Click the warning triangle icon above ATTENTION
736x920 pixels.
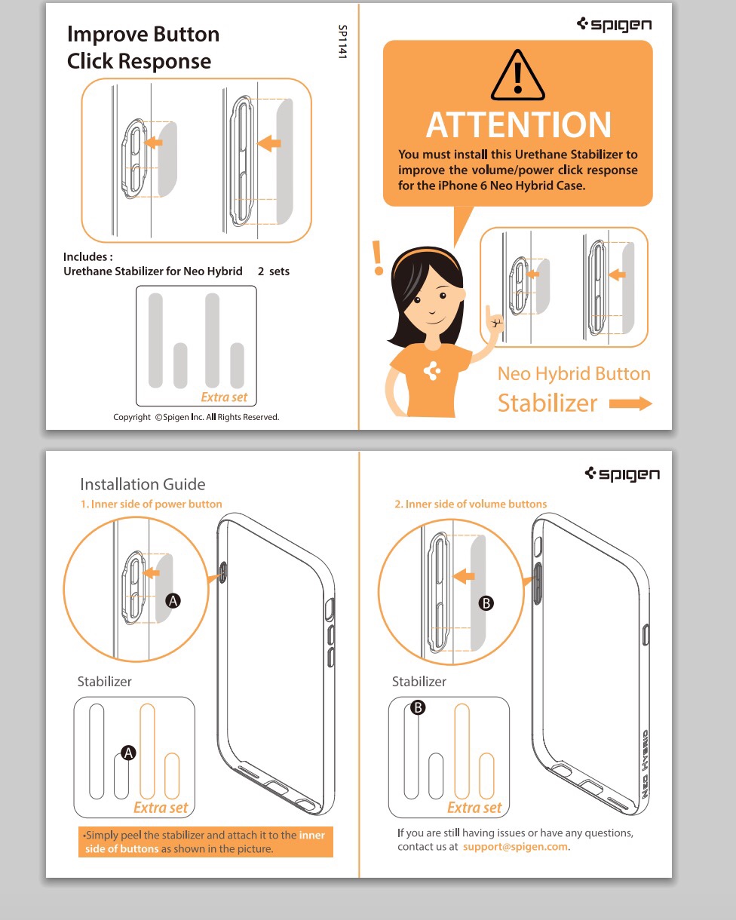pyautogui.click(x=517, y=75)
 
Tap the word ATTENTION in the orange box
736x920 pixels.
pyautogui.click(x=518, y=125)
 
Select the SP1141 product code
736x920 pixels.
pyautogui.click(x=342, y=41)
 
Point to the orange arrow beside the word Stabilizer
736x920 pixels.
pyautogui.click(x=630, y=403)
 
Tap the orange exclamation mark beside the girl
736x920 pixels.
pyautogui.click(x=378, y=258)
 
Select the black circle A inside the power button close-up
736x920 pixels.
pyautogui.click(x=173, y=601)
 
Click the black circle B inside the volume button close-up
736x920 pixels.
pyautogui.click(x=486, y=603)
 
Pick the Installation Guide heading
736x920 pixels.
pyautogui.click(x=143, y=484)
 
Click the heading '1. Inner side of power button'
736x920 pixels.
pyautogui.click(x=152, y=504)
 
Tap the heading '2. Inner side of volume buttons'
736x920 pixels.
pyautogui.click(x=471, y=504)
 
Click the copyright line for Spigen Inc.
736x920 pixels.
pyautogui.click(x=196, y=417)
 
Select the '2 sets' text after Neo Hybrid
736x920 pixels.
pyautogui.click(x=274, y=271)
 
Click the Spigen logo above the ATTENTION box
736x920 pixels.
pyautogui.click(x=614, y=24)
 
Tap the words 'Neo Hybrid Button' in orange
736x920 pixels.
pyautogui.click(x=574, y=373)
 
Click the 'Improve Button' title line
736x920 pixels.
pyautogui.click(x=143, y=34)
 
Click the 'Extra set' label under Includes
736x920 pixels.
pyautogui.click(x=224, y=397)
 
